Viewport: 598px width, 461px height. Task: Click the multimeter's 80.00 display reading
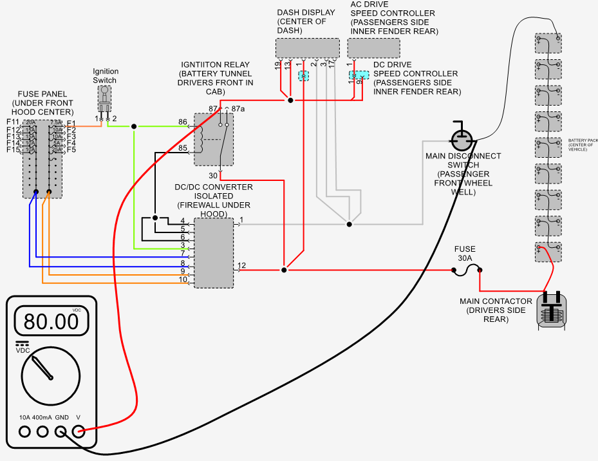[51, 320]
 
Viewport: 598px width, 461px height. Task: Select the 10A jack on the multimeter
[24, 432]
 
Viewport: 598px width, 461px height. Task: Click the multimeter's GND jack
[61, 432]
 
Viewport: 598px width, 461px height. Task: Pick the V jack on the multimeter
[79, 432]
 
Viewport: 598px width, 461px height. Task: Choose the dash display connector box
[307, 48]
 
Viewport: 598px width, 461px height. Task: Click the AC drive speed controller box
[373, 48]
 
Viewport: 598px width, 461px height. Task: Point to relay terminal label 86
[183, 122]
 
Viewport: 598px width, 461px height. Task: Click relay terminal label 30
[212, 176]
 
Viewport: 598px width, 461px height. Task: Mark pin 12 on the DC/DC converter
[241, 265]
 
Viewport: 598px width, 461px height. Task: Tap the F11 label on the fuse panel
[13, 122]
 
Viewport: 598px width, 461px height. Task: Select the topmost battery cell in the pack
[548, 44]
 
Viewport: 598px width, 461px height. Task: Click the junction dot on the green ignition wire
[134, 126]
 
